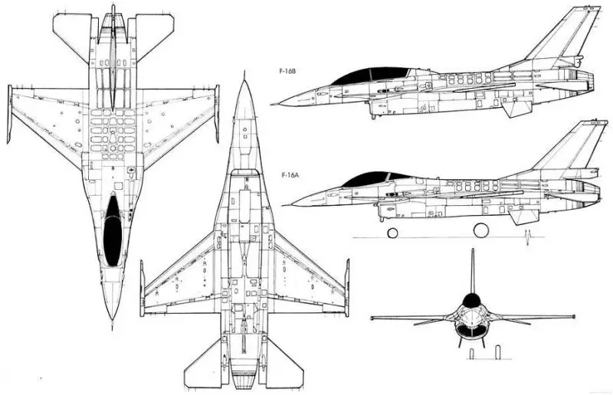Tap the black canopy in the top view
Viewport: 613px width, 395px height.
coord(112,230)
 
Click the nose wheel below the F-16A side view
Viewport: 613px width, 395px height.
coord(392,232)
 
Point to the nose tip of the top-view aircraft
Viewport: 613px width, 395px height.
coord(113,317)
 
